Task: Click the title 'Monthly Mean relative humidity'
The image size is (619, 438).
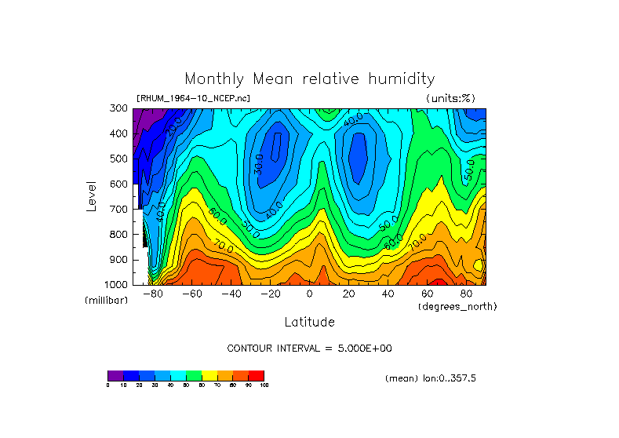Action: coord(309,79)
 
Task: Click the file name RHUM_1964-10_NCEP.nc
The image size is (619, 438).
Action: coord(193,98)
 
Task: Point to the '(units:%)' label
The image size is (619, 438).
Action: coord(450,98)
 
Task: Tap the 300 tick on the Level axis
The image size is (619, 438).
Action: coord(118,108)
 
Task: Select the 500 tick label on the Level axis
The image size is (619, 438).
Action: coord(118,159)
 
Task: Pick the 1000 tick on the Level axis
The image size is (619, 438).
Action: coord(116,284)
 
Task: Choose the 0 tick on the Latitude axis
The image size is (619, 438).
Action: coord(310,294)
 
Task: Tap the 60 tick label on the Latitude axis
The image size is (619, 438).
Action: coord(428,294)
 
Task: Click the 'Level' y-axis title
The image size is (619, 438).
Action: coord(92,195)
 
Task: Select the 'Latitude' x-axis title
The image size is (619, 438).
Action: coord(309,322)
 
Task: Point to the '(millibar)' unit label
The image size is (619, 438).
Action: coord(107,301)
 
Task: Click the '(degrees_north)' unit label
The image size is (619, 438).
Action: coord(457,305)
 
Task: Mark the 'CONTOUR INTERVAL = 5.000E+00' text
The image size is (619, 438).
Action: coord(309,348)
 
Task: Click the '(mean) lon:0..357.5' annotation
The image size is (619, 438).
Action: coord(431,378)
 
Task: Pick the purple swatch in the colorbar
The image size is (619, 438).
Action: coord(115,375)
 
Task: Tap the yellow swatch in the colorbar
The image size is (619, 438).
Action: coord(209,375)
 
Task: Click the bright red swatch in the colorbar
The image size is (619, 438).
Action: coord(257,375)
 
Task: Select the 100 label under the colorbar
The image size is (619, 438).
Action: coord(264,385)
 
